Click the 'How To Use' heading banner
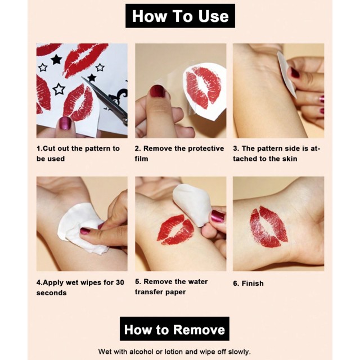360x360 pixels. [180, 16]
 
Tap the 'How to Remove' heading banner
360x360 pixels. [174, 328]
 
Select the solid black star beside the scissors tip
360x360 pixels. [92, 78]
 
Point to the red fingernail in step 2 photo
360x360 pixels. [157, 91]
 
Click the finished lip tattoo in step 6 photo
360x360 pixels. [269, 227]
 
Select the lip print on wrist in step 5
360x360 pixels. [175, 229]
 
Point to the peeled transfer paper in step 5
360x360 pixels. [191, 205]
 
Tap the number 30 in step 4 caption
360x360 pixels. [120, 282]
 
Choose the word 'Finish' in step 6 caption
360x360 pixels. [253, 283]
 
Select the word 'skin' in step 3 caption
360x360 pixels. [290, 159]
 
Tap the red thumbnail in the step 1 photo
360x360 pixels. [65, 123]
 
